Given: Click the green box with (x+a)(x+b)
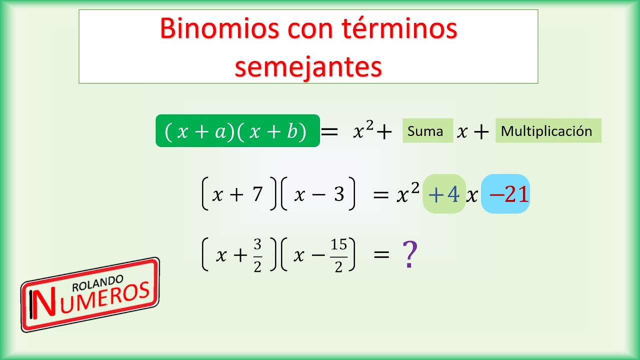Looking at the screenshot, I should tap(237, 131).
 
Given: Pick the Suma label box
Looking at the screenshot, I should tap(427, 131).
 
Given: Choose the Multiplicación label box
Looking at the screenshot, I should tap(548, 131).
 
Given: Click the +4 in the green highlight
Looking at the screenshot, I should tap(444, 194).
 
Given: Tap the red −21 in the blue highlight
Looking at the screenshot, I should tap(509, 194).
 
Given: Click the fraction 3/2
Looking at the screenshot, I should tap(257, 255).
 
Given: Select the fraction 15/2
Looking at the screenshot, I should tap(338, 255).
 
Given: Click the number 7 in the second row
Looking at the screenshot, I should tap(257, 194).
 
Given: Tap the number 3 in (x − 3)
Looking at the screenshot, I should tap(339, 194).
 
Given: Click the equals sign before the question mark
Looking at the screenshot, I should tap(381, 254).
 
